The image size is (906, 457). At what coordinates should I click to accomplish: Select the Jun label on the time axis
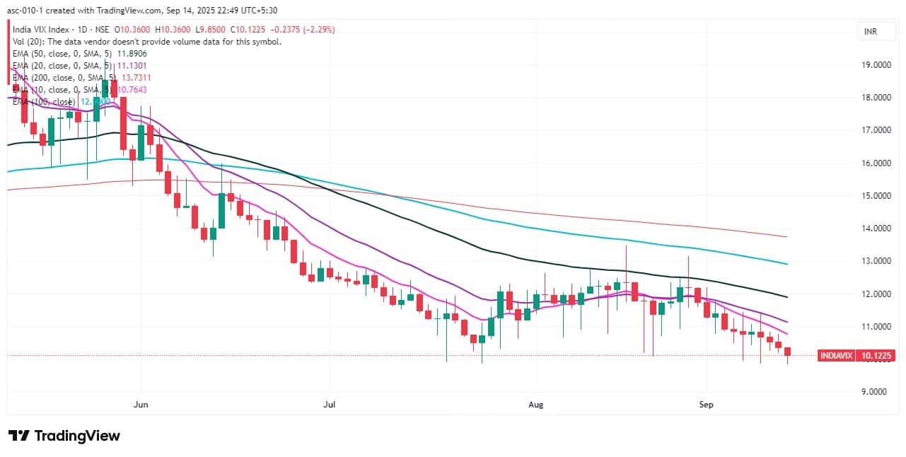pos(141,405)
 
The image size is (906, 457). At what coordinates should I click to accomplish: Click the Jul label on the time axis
pos(329,405)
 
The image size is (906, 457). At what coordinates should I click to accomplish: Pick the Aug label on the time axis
pos(536,405)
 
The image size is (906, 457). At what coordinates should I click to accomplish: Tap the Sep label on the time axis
pos(706,405)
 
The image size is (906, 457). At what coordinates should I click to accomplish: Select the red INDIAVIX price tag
pos(837,355)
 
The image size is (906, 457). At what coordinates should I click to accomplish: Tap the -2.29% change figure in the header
pos(319,29)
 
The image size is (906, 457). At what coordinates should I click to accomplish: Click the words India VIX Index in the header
pos(41,29)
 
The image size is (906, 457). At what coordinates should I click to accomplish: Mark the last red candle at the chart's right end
pos(787,352)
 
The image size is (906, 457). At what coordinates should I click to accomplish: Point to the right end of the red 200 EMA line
pos(787,236)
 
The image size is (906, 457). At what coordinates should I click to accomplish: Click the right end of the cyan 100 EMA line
pos(787,264)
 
